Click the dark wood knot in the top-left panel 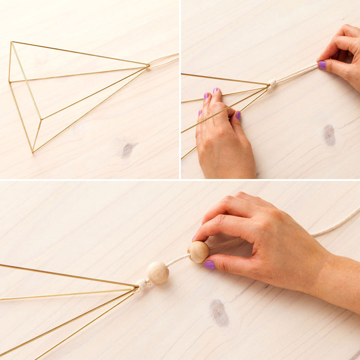point(128,150)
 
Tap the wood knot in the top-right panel point(329,135)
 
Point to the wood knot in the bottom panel point(220,313)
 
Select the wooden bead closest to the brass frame point(157,273)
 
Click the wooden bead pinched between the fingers point(199,252)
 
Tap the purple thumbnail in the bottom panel point(209,265)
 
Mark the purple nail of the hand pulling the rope point(322,65)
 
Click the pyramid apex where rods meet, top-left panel point(148,65)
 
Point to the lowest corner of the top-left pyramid point(33,152)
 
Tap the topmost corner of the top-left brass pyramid point(12,43)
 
